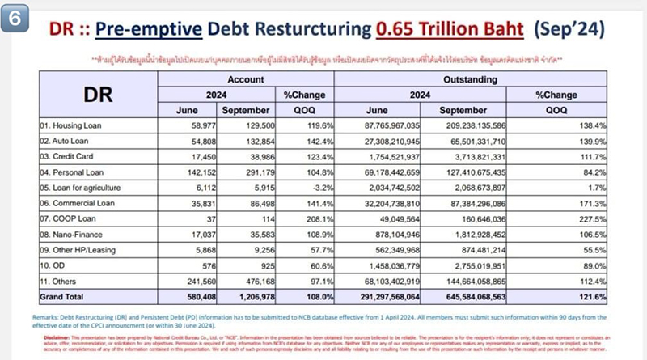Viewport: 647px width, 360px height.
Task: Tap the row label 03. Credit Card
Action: pyautogui.click(x=70, y=155)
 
